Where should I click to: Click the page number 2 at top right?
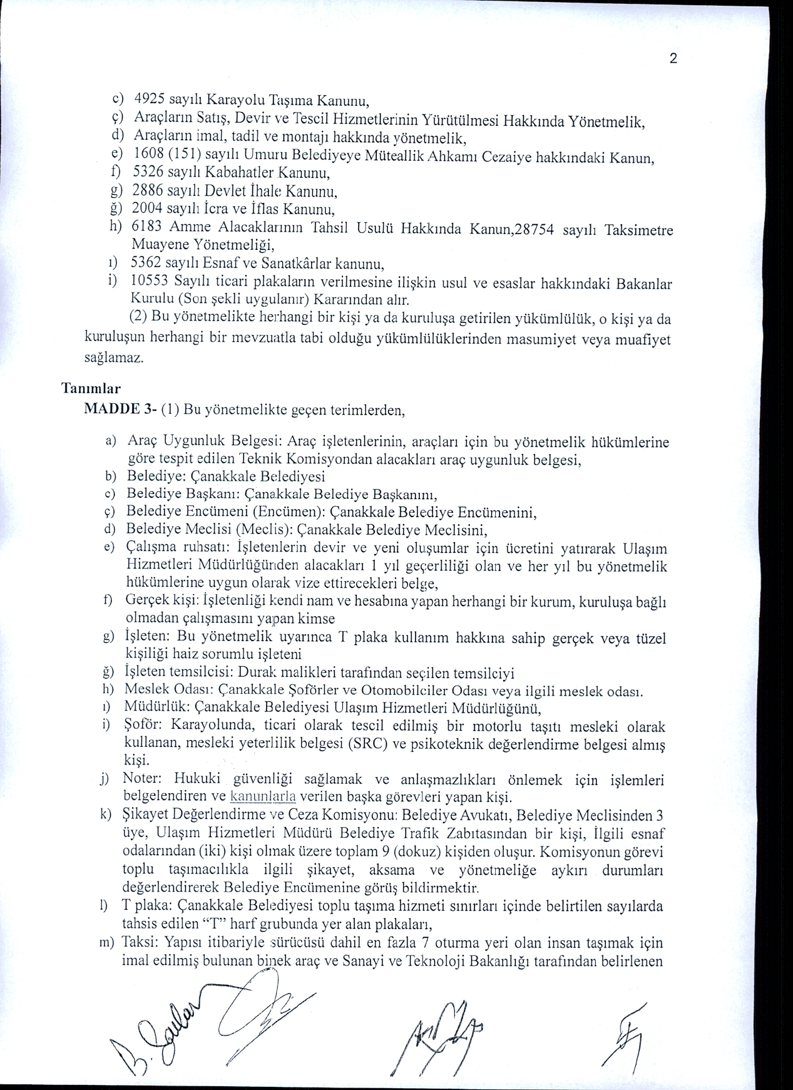tap(673, 59)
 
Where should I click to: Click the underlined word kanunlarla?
tap(263, 797)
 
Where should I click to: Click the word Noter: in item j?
tap(143, 779)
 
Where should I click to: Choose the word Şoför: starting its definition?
tap(145, 726)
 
